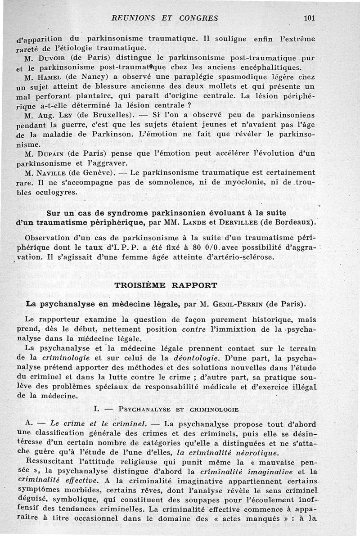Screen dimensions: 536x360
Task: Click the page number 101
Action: [x=309, y=18]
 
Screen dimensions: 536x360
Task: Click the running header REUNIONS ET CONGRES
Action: [x=165, y=18]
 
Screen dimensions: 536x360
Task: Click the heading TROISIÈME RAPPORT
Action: [x=166, y=285]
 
